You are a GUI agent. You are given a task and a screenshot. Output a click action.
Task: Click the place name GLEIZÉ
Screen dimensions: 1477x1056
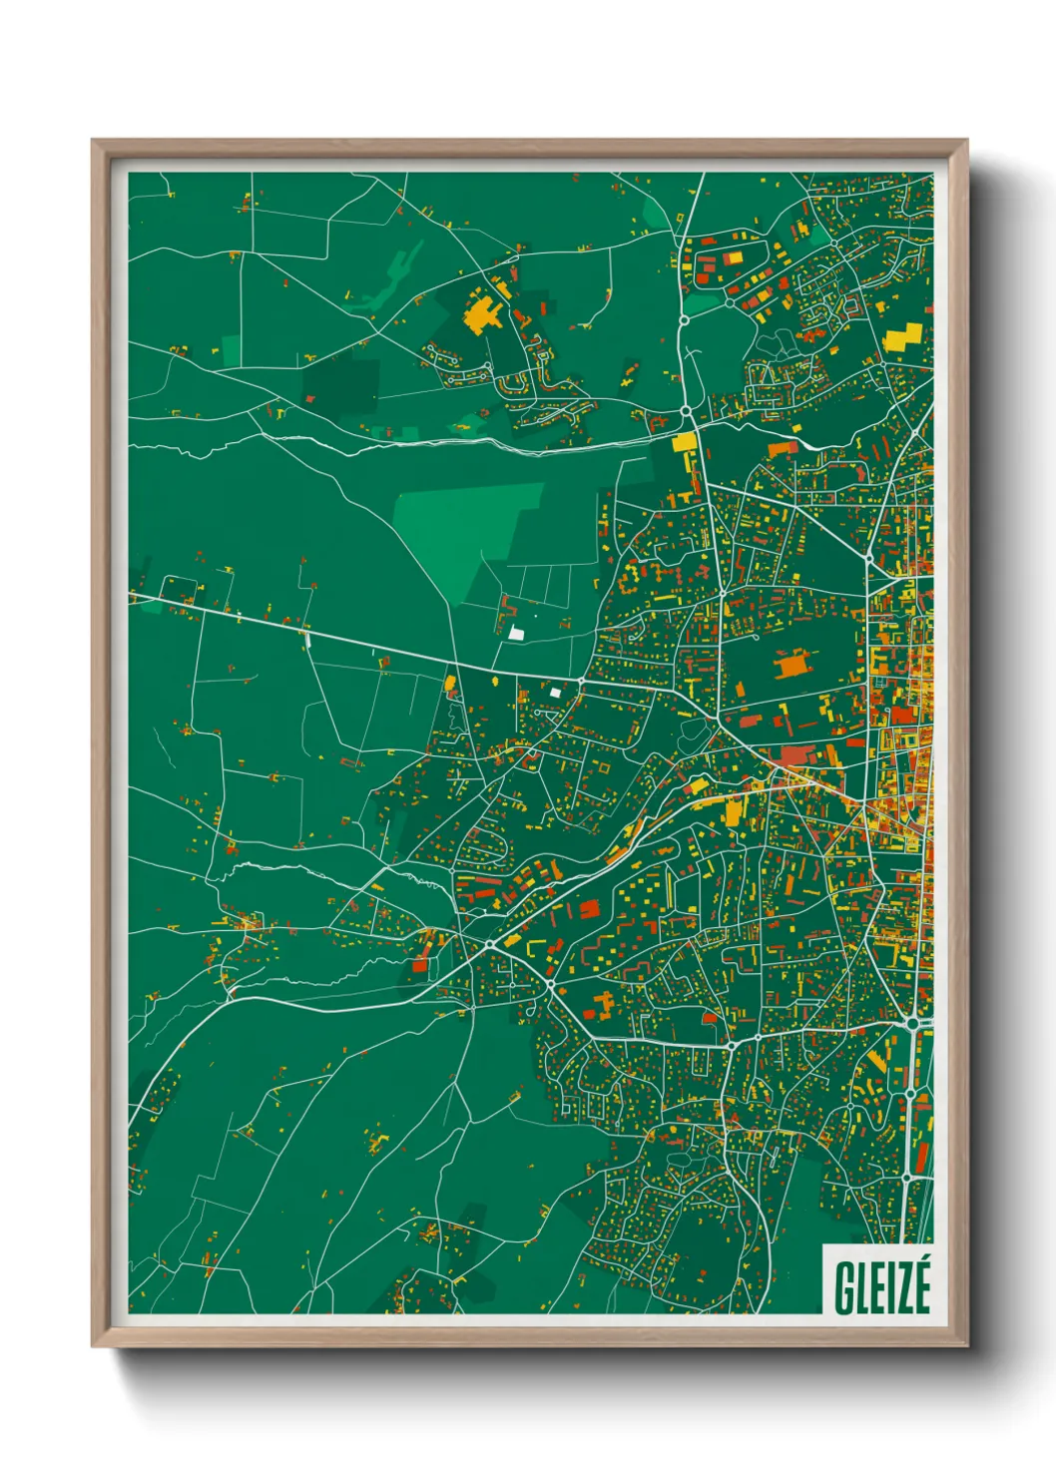(882, 1287)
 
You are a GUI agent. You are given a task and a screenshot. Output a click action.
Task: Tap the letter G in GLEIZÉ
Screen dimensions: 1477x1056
(844, 1288)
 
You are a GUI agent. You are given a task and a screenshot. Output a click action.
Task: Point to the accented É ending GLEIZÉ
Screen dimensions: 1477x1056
(921, 1285)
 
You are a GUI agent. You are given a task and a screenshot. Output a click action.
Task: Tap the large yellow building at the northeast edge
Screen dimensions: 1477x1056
(903, 336)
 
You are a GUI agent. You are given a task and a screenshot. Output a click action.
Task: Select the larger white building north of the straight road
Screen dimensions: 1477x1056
(516, 632)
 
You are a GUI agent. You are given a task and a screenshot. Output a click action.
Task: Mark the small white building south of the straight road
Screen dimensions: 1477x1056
(555, 692)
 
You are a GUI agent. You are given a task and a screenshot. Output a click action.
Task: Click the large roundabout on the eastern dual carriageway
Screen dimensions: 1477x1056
(912, 1024)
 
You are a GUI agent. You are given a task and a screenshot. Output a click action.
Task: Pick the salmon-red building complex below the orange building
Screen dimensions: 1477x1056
(799, 755)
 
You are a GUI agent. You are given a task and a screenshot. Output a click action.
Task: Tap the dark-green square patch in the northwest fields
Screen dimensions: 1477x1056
(341, 382)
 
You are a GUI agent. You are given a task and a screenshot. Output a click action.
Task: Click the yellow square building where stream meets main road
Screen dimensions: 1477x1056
(684, 442)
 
